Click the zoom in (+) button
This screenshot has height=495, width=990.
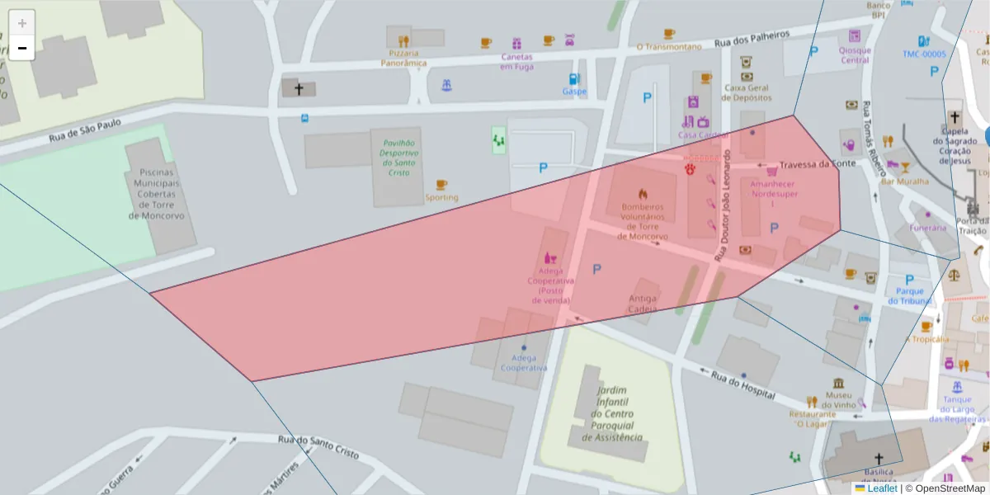coord(22,23)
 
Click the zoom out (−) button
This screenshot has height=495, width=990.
coord(22,48)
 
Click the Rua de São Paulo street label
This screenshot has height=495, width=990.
coord(85,129)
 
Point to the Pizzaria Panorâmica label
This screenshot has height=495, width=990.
coord(403,58)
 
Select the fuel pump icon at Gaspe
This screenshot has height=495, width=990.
coord(573,79)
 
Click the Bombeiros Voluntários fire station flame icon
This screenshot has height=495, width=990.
coord(643,194)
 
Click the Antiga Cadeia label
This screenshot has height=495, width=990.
coord(643,304)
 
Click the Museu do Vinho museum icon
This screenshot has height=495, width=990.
coord(839,384)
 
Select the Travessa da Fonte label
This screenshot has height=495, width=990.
coord(818,164)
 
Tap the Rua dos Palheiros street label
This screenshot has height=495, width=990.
coord(752,38)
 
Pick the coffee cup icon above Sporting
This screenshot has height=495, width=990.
coord(441,185)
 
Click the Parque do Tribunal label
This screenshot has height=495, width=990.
coord(910,296)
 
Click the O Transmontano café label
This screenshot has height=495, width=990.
coord(669,47)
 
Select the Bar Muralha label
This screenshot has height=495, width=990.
coord(905,181)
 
